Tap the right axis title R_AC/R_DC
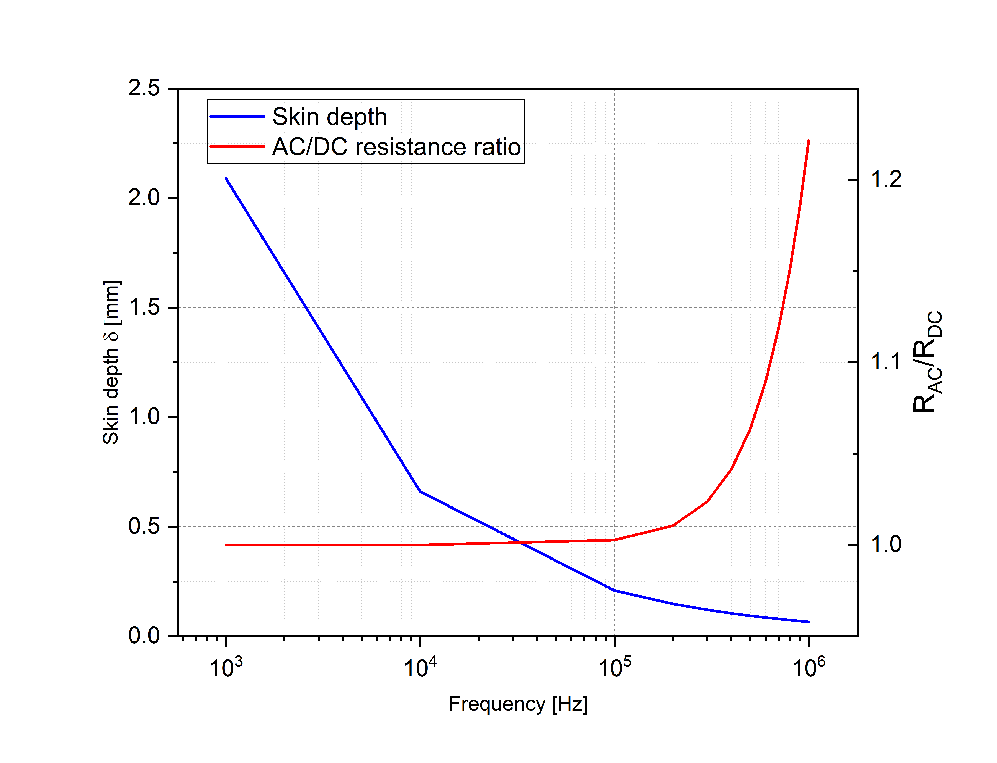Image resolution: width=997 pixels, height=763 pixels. tap(927, 362)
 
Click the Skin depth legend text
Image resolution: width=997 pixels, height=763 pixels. tap(329, 117)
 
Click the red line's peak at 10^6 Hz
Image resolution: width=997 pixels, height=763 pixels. tap(809, 141)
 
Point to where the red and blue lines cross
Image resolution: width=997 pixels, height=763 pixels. tap(519, 542)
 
